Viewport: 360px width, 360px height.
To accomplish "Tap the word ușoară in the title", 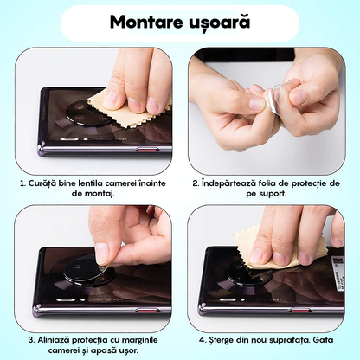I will (218, 22).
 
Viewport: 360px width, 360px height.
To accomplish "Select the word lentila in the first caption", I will (98, 183).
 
